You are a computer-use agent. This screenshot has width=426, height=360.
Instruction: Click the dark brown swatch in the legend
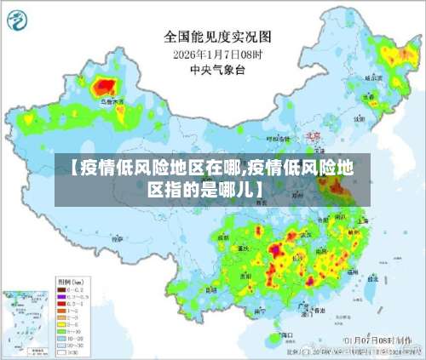click(61, 290)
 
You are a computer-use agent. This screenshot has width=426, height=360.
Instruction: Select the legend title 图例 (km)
click(67, 280)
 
